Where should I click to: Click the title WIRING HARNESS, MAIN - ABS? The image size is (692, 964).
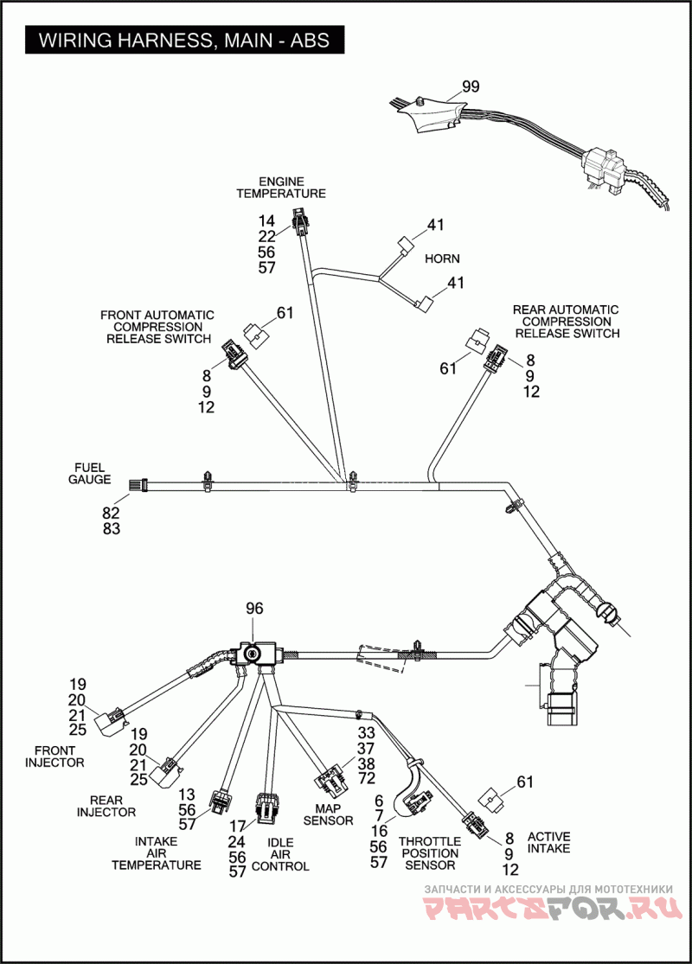point(184,41)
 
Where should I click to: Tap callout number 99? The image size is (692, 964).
point(471,86)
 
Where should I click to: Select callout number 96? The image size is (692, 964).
point(254,608)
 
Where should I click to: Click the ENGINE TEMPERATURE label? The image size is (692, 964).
point(281,188)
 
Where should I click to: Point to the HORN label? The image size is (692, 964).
point(442,259)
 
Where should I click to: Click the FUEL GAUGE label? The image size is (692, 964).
point(90,474)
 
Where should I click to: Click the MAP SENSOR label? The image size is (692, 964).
point(329,814)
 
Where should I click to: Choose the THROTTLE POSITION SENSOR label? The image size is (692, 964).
point(430,853)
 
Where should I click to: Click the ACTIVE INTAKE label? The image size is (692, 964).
point(548,843)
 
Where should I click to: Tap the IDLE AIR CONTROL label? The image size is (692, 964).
point(280,854)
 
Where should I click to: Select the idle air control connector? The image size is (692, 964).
point(266,808)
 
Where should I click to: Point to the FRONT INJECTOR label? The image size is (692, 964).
point(54,757)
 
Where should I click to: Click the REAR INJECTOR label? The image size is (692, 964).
point(106,807)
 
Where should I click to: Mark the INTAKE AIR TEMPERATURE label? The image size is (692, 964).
point(157,853)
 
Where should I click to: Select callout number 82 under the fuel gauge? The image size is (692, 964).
point(112,513)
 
